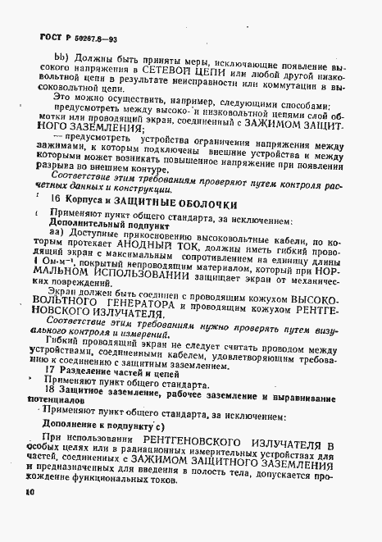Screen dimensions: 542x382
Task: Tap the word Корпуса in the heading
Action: [88, 203]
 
